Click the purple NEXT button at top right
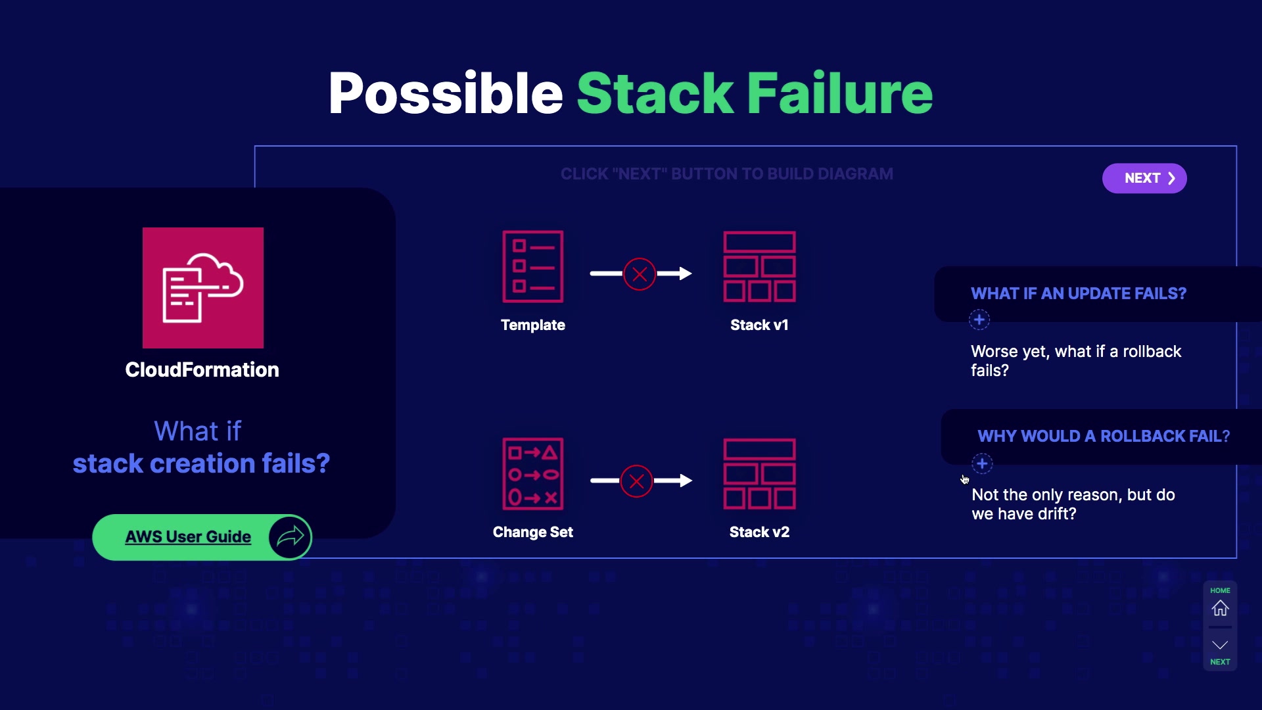(1144, 178)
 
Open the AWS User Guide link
(188, 537)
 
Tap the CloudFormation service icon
(203, 288)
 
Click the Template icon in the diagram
(533, 267)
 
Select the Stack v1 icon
(759, 267)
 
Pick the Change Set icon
(533, 474)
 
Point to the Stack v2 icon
(759, 474)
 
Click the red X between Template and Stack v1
(640, 274)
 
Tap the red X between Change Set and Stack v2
(636, 481)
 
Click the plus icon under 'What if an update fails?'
(979, 320)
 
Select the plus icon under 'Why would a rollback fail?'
(982, 463)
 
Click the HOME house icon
(1220, 608)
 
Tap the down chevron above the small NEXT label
(1220, 645)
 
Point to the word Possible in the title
(446, 94)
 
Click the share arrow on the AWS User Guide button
(290, 537)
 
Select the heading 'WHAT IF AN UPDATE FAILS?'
(1079, 293)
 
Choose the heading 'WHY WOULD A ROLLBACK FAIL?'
(1104, 436)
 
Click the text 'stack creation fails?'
(201, 463)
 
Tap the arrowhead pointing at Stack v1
(685, 273)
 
